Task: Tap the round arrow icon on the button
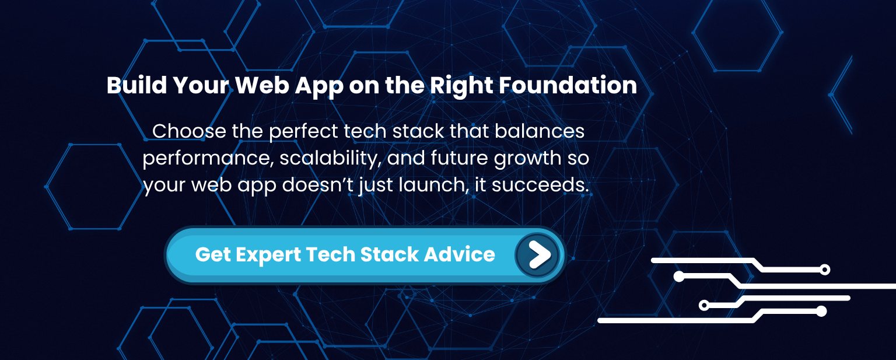pos(537,255)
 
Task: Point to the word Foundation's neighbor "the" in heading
pos(406,86)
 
